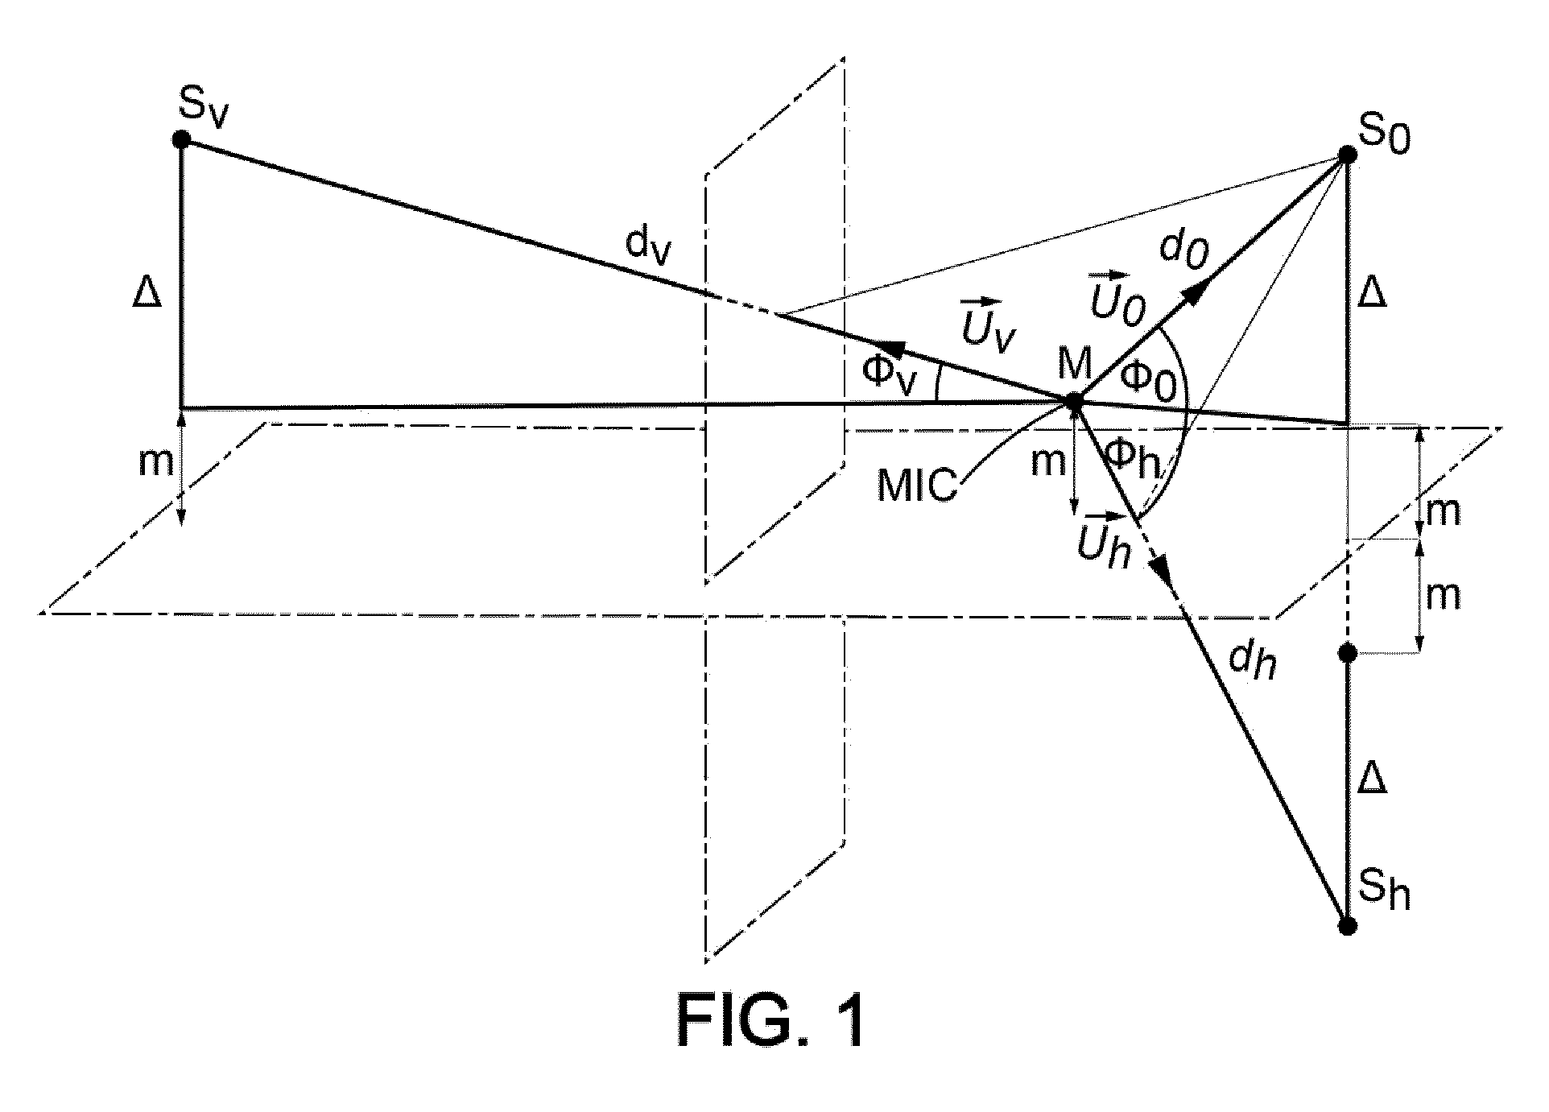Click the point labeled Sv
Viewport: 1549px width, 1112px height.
[x=182, y=139]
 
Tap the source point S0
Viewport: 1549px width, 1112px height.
[x=1347, y=155]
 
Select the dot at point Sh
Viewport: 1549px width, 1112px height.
[x=1347, y=926]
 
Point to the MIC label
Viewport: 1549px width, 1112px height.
[x=917, y=486]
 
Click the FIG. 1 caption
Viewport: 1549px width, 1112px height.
[x=772, y=1021]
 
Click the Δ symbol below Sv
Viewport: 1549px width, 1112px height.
[x=147, y=295]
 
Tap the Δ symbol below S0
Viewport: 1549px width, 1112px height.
[x=1373, y=293]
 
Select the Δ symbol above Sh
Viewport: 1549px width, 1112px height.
[x=1372, y=779]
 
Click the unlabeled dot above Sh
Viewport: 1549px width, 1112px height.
[x=1347, y=653]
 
